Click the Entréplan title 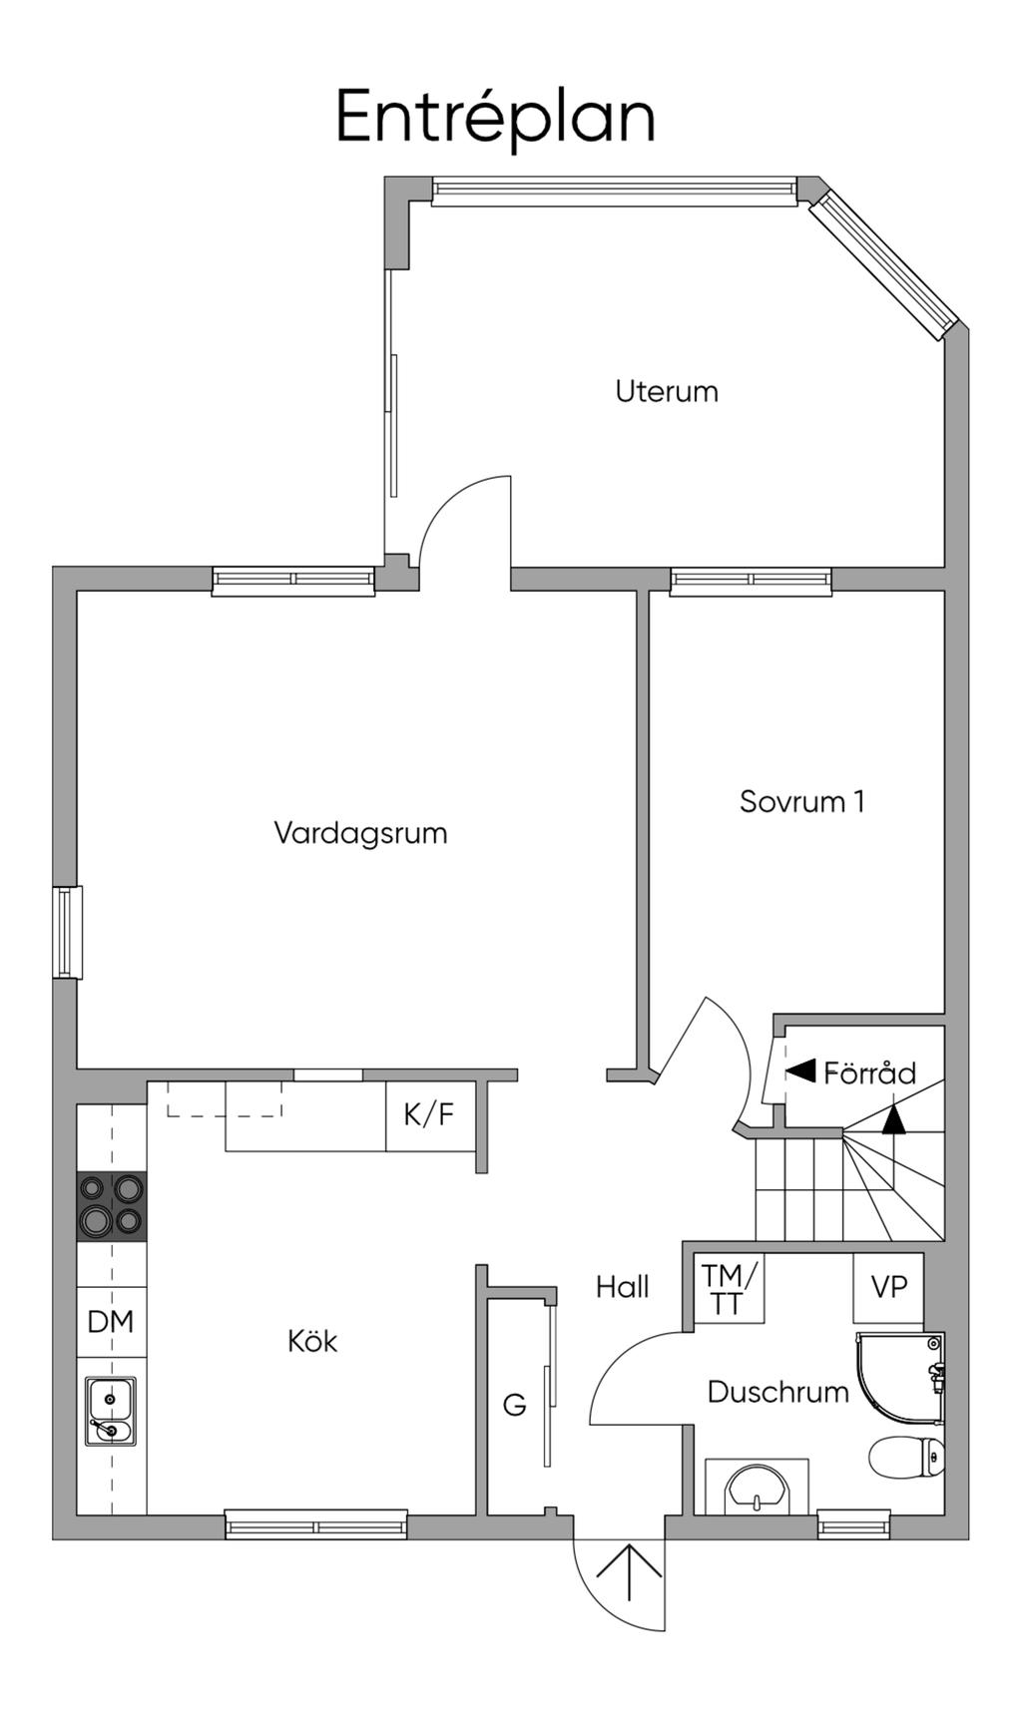(x=495, y=117)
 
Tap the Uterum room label (x=667, y=391)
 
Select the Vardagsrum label (x=360, y=833)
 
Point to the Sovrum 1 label (x=802, y=801)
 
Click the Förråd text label (x=869, y=1073)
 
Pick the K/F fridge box (x=430, y=1114)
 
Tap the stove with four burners (x=111, y=1206)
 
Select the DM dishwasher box (x=111, y=1322)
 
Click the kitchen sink (x=111, y=1410)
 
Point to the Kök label (x=312, y=1341)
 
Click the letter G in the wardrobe (x=514, y=1405)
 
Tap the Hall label (x=622, y=1287)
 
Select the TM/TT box (x=729, y=1289)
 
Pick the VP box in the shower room (x=888, y=1288)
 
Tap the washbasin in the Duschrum (x=758, y=1488)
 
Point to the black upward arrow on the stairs (x=894, y=1118)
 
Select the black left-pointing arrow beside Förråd (x=800, y=1072)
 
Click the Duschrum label (x=778, y=1392)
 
